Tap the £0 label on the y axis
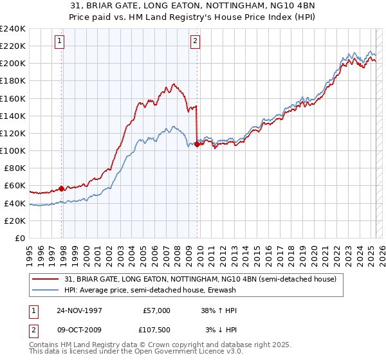tap(20, 238)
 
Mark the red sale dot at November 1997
tap(62, 188)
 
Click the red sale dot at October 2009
tap(197, 145)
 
